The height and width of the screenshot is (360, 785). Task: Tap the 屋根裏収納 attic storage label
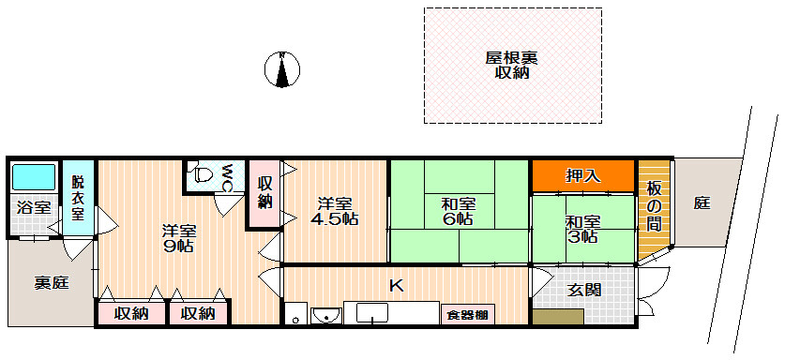[x=511, y=65]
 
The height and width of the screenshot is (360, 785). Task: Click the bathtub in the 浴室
[x=35, y=177]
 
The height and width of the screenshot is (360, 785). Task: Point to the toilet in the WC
[x=203, y=174]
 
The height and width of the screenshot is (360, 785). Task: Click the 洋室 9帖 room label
[x=177, y=238]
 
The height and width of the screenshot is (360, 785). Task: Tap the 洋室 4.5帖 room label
[x=335, y=211]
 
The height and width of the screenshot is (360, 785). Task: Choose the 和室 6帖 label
[x=459, y=211]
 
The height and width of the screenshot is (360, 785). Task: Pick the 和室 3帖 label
[x=582, y=229]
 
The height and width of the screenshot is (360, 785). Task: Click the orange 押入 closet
[x=583, y=175]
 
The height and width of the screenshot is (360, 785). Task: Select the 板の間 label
[x=654, y=205]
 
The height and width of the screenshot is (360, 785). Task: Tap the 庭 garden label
[x=702, y=202]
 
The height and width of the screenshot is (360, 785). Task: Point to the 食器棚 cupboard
[x=467, y=315]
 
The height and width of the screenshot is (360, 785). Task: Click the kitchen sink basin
[x=325, y=315]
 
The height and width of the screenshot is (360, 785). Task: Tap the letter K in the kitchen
[x=396, y=286]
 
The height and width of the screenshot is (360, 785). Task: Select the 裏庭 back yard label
[x=52, y=283]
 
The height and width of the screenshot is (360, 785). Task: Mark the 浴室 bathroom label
[x=34, y=207]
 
